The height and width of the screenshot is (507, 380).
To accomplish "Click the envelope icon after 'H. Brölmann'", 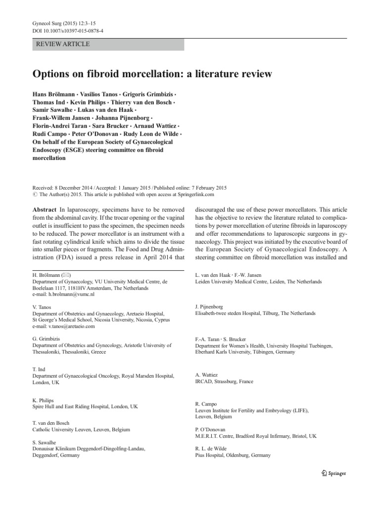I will click(67, 275).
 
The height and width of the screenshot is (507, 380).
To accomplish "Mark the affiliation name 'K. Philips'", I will click(43, 400).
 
